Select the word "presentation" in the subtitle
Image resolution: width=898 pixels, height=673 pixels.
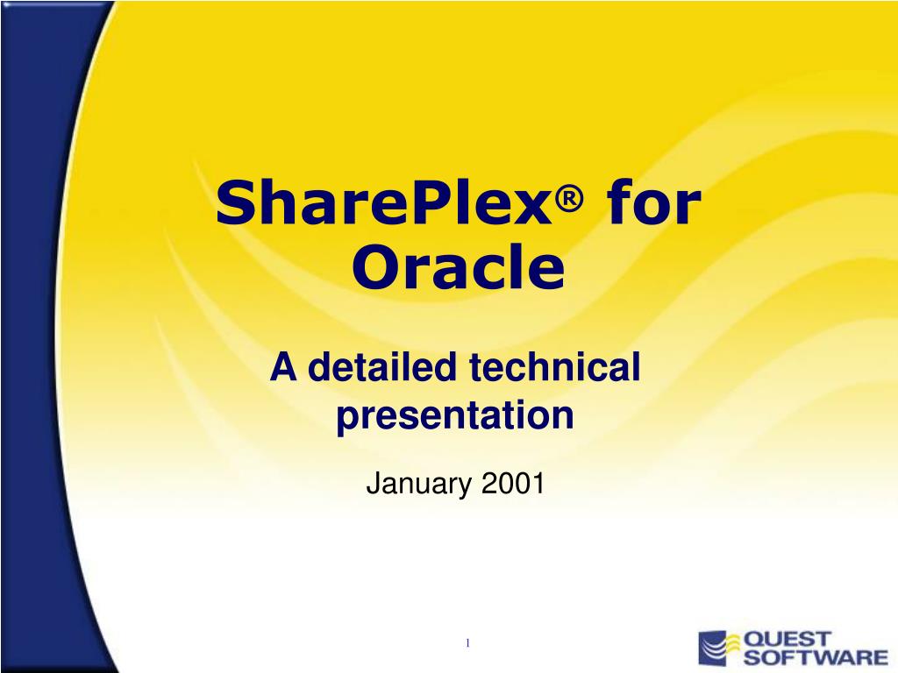(x=455, y=414)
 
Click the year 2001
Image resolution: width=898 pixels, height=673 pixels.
(x=513, y=482)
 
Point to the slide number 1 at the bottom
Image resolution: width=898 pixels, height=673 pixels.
(x=467, y=644)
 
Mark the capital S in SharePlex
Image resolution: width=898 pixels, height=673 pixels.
(x=236, y=203)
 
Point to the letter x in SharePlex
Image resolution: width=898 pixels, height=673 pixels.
(x=536, y=208)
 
